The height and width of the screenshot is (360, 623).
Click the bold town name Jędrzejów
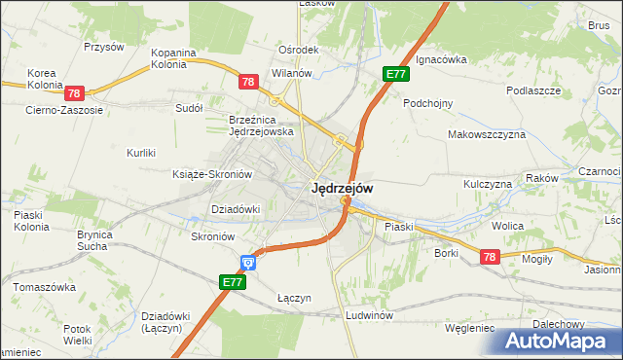[x=341, y=189]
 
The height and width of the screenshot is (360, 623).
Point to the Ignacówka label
[x=441, y=59]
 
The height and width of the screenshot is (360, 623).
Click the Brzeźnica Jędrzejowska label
[x=261, y=125]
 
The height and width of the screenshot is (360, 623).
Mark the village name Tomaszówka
[x=44, y=288]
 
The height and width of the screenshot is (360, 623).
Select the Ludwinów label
[x=369, y=316]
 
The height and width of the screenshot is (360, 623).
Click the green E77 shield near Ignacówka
[x=395, y=74]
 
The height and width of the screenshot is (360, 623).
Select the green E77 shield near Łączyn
[x=232, y=282]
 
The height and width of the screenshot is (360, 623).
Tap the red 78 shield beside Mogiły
[x=490, y=256]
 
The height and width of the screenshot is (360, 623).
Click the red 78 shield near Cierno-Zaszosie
[x=75, y=93]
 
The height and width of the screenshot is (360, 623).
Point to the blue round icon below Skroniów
[x=248, y=261]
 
